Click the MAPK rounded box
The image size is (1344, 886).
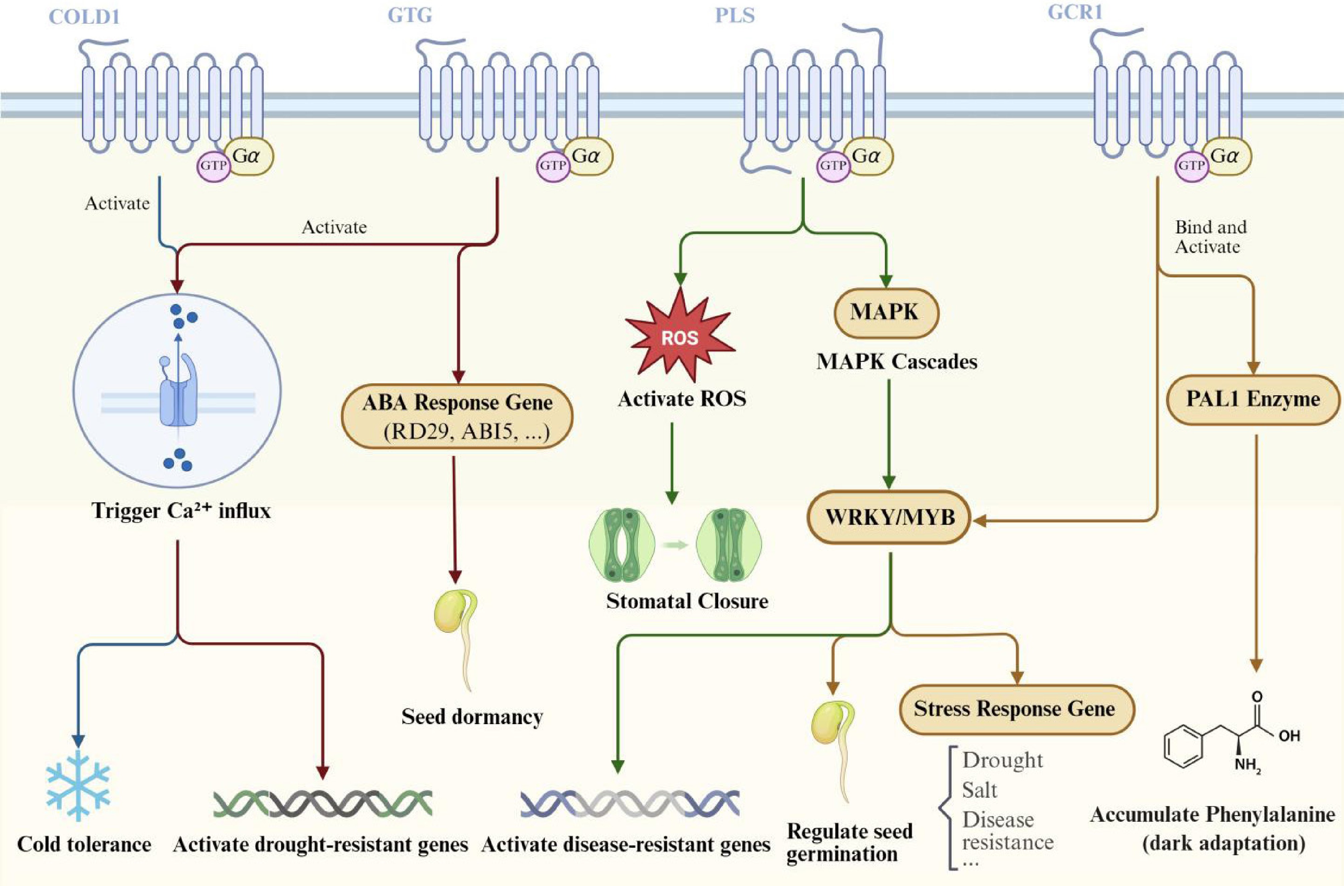[886, 312]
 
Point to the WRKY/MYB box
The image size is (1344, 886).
[890, 517]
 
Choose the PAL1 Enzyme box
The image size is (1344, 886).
[1253, 399]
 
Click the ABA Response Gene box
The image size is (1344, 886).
[457, 416]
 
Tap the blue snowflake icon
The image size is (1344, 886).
[78, 785]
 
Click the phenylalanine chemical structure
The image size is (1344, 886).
[1233, 734]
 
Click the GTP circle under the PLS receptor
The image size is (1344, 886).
[833, 166]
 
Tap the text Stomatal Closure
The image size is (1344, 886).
[687, 601]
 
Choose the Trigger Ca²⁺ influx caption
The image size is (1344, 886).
[181, 511]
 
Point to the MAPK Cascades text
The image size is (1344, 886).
[897, 362]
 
